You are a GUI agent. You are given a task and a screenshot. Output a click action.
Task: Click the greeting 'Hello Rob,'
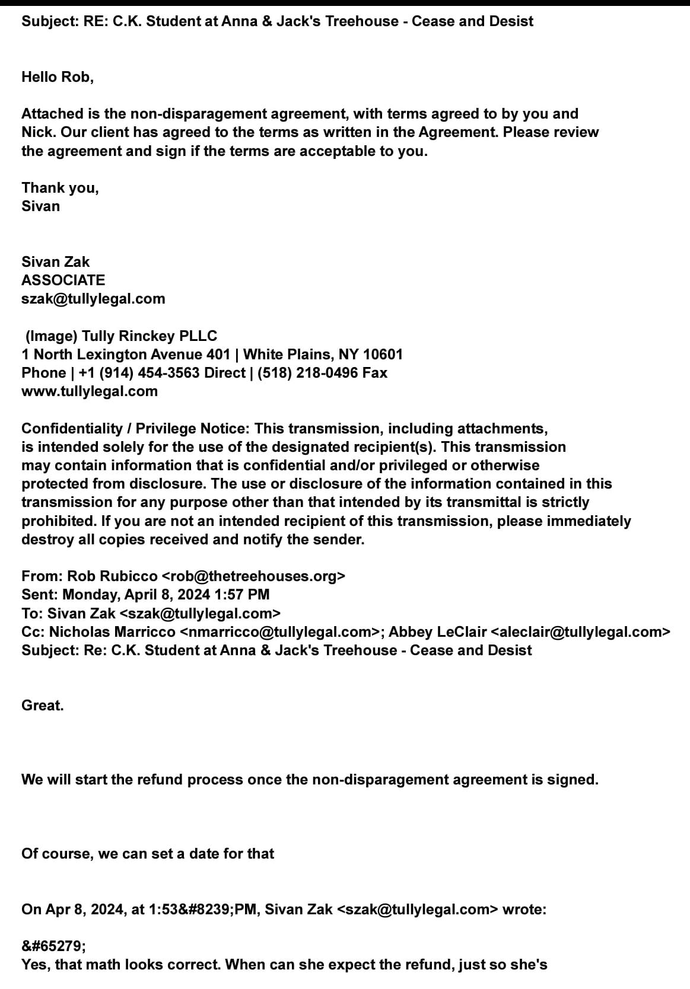coord(58,76)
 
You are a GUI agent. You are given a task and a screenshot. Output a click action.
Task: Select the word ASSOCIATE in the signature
coord(63,280)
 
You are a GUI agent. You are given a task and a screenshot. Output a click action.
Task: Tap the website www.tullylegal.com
coord(90,391)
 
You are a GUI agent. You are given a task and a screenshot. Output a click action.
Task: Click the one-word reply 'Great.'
coord(43,706)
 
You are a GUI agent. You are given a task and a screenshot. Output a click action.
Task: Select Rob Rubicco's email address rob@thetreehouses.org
coord(253,576)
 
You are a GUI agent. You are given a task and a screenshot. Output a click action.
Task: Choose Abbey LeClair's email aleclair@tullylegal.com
coord(580,632)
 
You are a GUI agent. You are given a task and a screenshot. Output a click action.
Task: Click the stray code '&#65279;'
coord(53,946)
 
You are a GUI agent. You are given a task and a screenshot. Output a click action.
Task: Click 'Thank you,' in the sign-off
coord(60,188)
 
